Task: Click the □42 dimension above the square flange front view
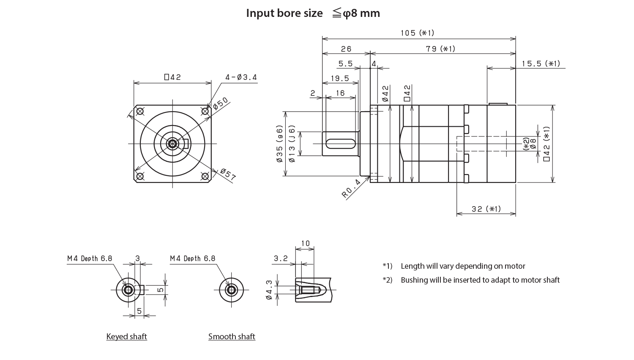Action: (x=172, y=77)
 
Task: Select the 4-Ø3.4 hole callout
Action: (x=241, y=77)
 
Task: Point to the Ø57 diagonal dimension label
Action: (x=228, y=175)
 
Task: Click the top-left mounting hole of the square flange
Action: (x=139, y=111)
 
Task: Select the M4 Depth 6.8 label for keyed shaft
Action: (x=90, y=259)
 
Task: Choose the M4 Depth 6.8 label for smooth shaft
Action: (x=193, y=259)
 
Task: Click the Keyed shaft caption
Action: (x=127, y=336)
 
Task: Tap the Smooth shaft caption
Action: (x=232, y=336)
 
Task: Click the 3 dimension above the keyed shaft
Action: (x=137, y=258)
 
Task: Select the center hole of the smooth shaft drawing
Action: (x=231, y=290)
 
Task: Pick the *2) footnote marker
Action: (x=388, y=280)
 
